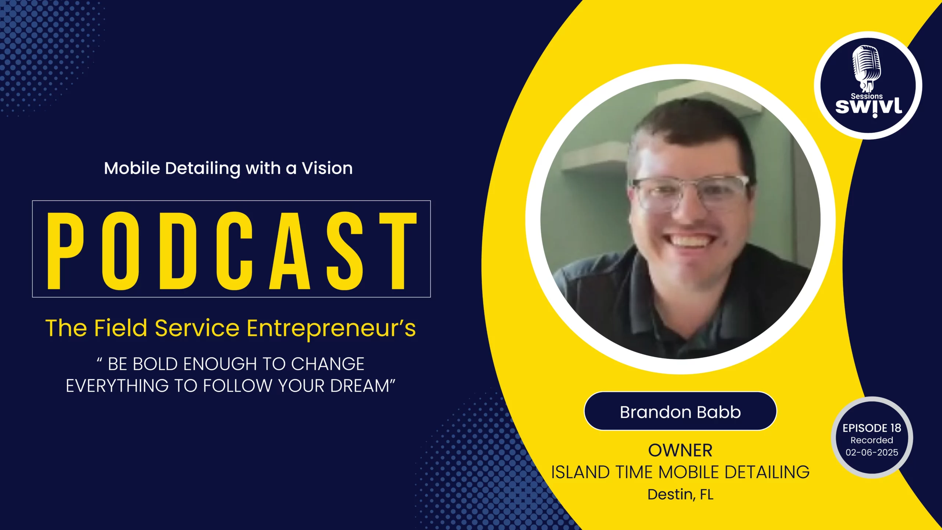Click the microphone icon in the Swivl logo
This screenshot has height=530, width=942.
pos(867,68)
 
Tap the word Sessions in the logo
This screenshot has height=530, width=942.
pos(867,96)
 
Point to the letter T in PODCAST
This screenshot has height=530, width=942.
pos(398,251)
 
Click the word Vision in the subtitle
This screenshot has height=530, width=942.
pos(327,168)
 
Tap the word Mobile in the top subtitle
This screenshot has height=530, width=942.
pos(132,168)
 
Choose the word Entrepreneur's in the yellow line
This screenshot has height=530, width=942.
pos(331,328)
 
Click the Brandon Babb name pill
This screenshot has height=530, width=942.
pos(680,411)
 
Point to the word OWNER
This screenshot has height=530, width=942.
pos(680,451)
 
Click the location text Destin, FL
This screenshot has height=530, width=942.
pos(680,494)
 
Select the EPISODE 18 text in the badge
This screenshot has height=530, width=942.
pos(872,428)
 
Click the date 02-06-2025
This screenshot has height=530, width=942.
pos(872,452)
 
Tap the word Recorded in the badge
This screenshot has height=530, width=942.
pos(872,440)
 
